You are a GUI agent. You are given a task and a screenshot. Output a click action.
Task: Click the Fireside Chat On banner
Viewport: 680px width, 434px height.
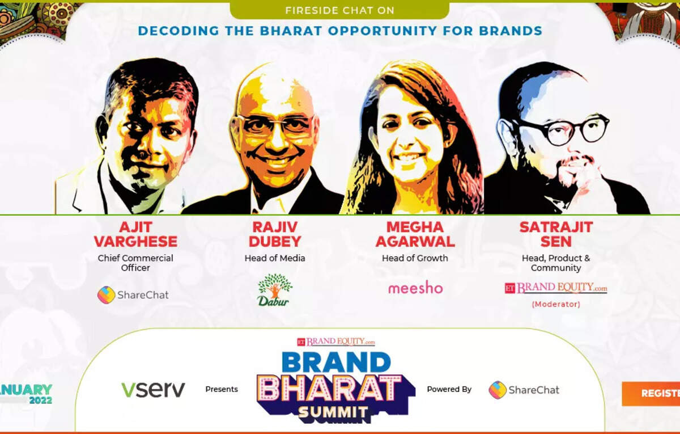tap(339, 10)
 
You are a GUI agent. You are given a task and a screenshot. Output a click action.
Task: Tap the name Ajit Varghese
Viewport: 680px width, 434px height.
tap(135, 234)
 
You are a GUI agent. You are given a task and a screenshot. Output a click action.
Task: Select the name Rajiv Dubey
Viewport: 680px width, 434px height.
tap(275, 234)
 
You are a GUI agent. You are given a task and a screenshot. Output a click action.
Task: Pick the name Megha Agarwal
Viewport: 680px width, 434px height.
tap(415, 234)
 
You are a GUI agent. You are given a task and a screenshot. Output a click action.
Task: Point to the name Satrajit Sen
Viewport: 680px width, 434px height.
tap(556, 234)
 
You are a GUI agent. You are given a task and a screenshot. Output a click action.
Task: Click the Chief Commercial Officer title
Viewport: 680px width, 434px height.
tap(135, 263)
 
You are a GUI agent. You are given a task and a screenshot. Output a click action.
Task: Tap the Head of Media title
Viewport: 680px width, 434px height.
tap(275, 258)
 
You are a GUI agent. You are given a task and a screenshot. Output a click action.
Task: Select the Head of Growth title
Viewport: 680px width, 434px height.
tap(415, 258)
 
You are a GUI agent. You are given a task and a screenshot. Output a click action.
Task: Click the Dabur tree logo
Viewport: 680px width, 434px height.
tap(275, 289)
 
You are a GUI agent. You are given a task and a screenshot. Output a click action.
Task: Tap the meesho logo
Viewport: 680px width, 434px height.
tap(415, 288)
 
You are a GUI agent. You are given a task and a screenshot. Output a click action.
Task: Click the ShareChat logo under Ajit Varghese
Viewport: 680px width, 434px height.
tap(133, 295)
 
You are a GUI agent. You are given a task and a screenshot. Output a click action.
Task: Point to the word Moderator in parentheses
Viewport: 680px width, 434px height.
tap(556, 304)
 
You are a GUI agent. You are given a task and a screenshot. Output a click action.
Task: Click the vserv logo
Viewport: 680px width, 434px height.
tap(153, 389)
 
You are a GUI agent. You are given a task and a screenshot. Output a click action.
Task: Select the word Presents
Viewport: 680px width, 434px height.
tap(222, 389)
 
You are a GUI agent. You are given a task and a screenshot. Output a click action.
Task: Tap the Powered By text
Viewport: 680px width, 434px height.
tap(449, 389)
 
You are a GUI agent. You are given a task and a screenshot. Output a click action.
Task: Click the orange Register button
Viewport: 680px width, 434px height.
tap(651, 394)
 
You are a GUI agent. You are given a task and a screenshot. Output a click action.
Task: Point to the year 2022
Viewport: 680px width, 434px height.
tap(41, 400)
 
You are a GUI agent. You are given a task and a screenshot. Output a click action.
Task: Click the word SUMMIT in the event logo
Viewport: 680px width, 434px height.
tap(333, 412)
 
